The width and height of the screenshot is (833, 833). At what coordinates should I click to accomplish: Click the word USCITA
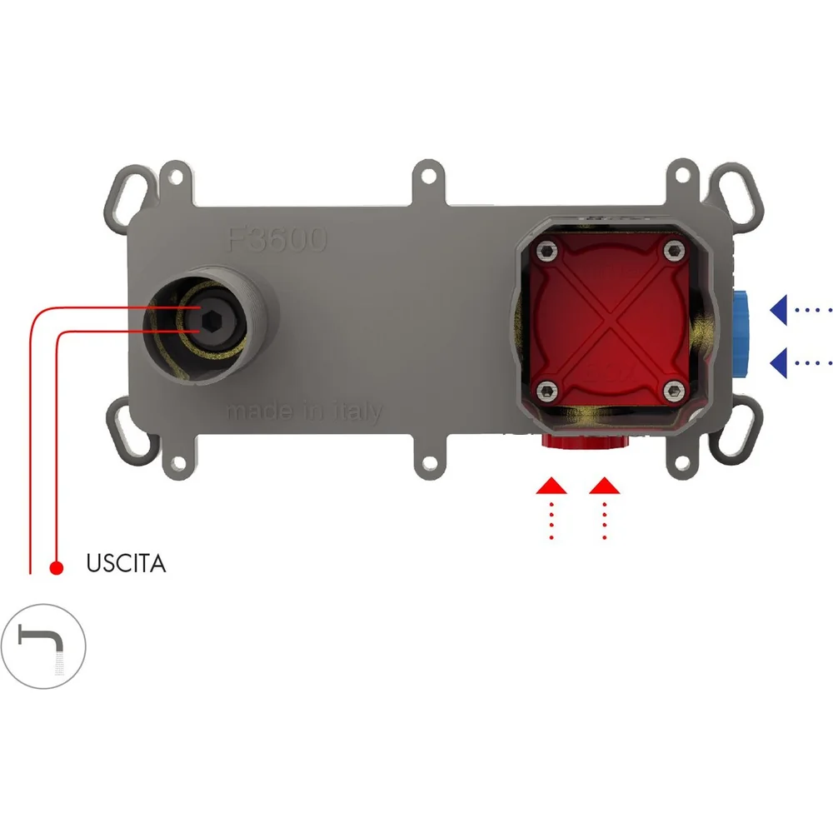[x=126, y=564]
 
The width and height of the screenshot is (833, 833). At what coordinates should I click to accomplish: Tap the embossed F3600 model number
[x=277, y=240]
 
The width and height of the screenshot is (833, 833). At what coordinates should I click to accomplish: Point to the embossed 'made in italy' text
[x=304, y=412]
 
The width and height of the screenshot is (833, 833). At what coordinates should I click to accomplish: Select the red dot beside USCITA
[x=57, y=568]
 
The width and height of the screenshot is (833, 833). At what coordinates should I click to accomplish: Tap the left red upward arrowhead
[x=551, y=486]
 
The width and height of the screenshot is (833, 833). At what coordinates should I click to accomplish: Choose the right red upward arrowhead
[x=605, y=486]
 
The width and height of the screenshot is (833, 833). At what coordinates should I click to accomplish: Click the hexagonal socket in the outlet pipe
[x=212, y=321]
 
